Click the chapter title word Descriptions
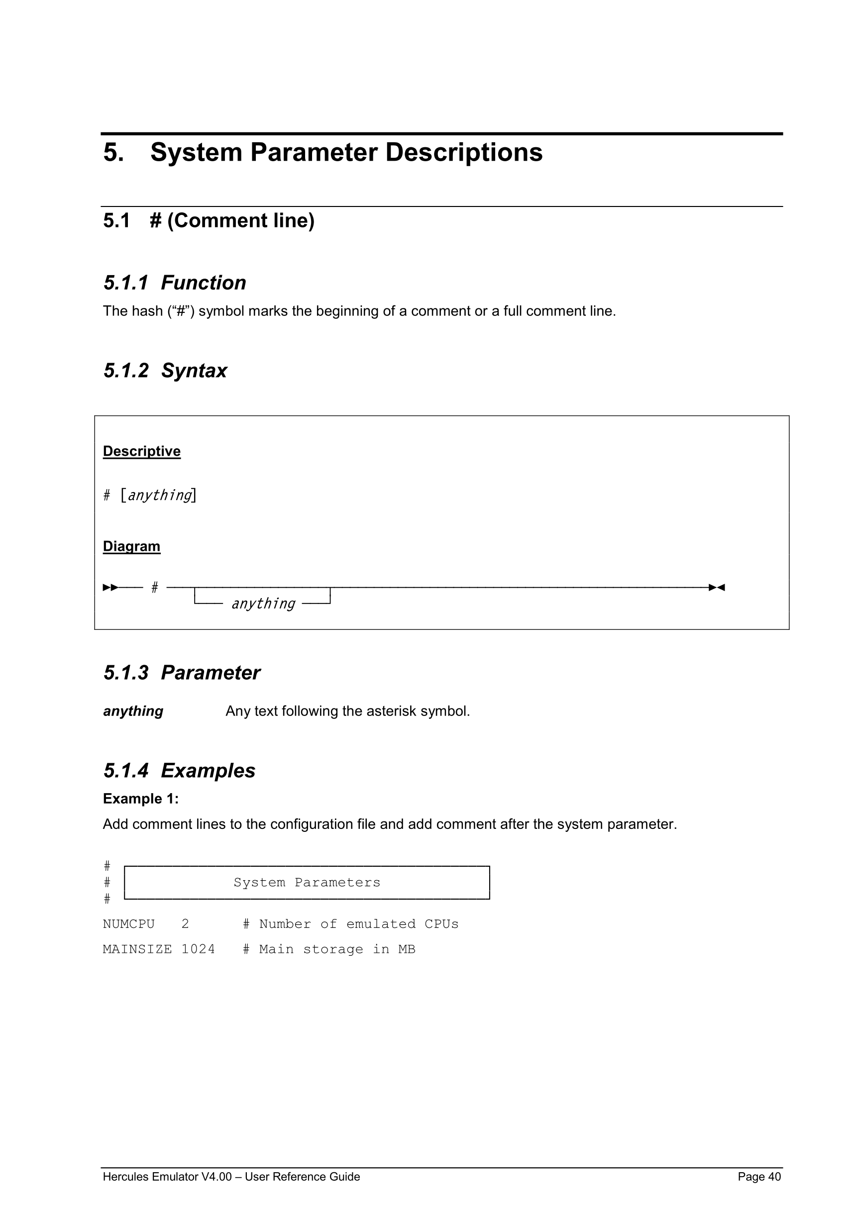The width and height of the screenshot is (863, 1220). point(463,152)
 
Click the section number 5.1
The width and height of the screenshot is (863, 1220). point(116,220)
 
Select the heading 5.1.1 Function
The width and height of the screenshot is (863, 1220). point(174,283)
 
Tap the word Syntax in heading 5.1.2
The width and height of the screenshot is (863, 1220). point(194,370)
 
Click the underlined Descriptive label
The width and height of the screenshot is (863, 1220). point(141,451)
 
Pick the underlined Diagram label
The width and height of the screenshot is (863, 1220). point(131,546)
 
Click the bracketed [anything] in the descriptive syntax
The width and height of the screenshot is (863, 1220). point(158,495)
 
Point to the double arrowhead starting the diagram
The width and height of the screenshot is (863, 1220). point(110,587)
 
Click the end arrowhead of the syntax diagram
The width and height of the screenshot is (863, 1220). point(717,587)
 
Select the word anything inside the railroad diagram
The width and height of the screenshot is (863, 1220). point(263,604)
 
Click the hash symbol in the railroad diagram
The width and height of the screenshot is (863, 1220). point(155,587)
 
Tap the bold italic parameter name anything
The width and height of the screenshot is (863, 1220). point(133,711)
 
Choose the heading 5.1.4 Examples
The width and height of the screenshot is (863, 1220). point(179,771)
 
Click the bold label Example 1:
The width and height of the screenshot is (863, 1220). point(140,799)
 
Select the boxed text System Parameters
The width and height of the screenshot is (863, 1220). point(307,883)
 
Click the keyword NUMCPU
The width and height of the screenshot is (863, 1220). point(128,924)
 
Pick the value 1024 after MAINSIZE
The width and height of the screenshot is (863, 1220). point(198,949)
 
